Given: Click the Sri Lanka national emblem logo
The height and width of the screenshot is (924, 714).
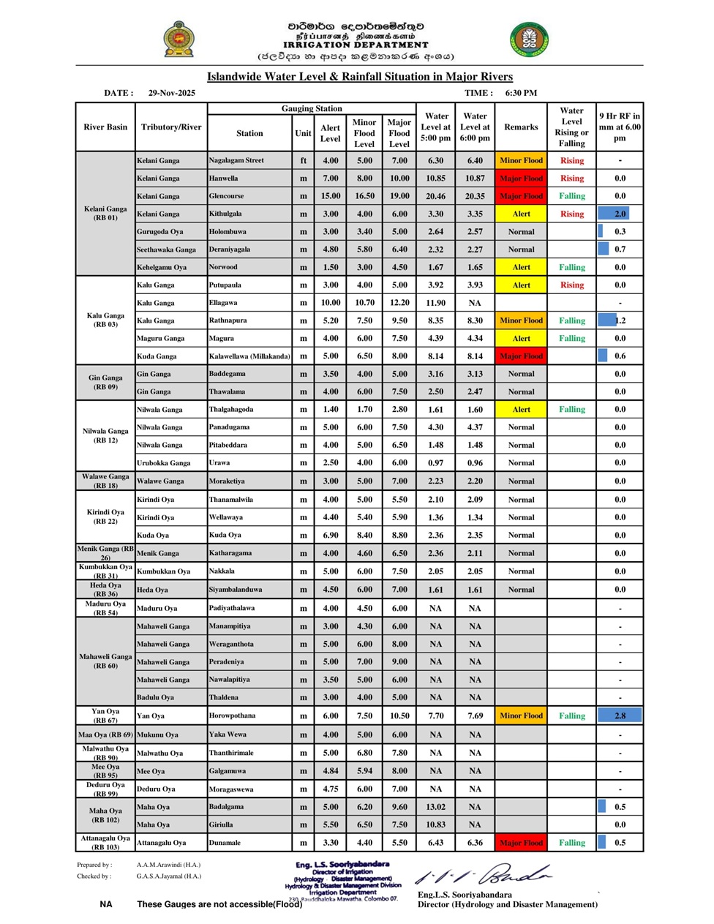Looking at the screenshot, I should [x=178, y=40].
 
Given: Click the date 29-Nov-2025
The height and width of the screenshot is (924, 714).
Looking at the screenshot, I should [x=171, y=93].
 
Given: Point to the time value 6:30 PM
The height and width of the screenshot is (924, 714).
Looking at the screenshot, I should [x=521, y=93].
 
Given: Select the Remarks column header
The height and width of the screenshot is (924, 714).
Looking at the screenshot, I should [x=521, y=127].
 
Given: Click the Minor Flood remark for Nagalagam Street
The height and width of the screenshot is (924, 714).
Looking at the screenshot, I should [x=521, y=160].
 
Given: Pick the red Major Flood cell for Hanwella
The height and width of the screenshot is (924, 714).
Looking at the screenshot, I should [x=521, y=179].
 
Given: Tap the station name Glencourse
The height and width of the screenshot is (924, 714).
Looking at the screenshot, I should [x=226, y=196].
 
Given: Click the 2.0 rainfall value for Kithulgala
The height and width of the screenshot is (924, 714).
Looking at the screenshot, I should [x=620, y=214].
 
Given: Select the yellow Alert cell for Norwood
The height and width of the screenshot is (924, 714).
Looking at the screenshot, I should [x=521, y=267].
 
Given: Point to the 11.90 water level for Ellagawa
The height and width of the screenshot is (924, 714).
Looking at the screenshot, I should [x=435, y=303].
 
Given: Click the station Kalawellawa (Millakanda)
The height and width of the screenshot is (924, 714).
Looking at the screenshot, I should [x=249, y=356].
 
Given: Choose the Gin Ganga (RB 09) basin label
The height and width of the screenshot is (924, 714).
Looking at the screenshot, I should [x=105, y=383].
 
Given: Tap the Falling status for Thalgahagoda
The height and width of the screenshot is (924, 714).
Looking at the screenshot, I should [x=571, y=410].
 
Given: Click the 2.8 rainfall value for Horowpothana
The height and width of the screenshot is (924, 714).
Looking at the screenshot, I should [x=620, y=715].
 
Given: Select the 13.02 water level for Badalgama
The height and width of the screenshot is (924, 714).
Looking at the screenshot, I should [x=435, y=807].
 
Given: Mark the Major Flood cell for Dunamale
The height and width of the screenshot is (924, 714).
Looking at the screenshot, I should [x=521, y=843].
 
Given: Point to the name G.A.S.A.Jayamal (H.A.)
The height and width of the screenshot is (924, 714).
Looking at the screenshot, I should [x=168, y=876].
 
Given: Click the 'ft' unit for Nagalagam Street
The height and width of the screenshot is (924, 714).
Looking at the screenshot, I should [x=303, y=160].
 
